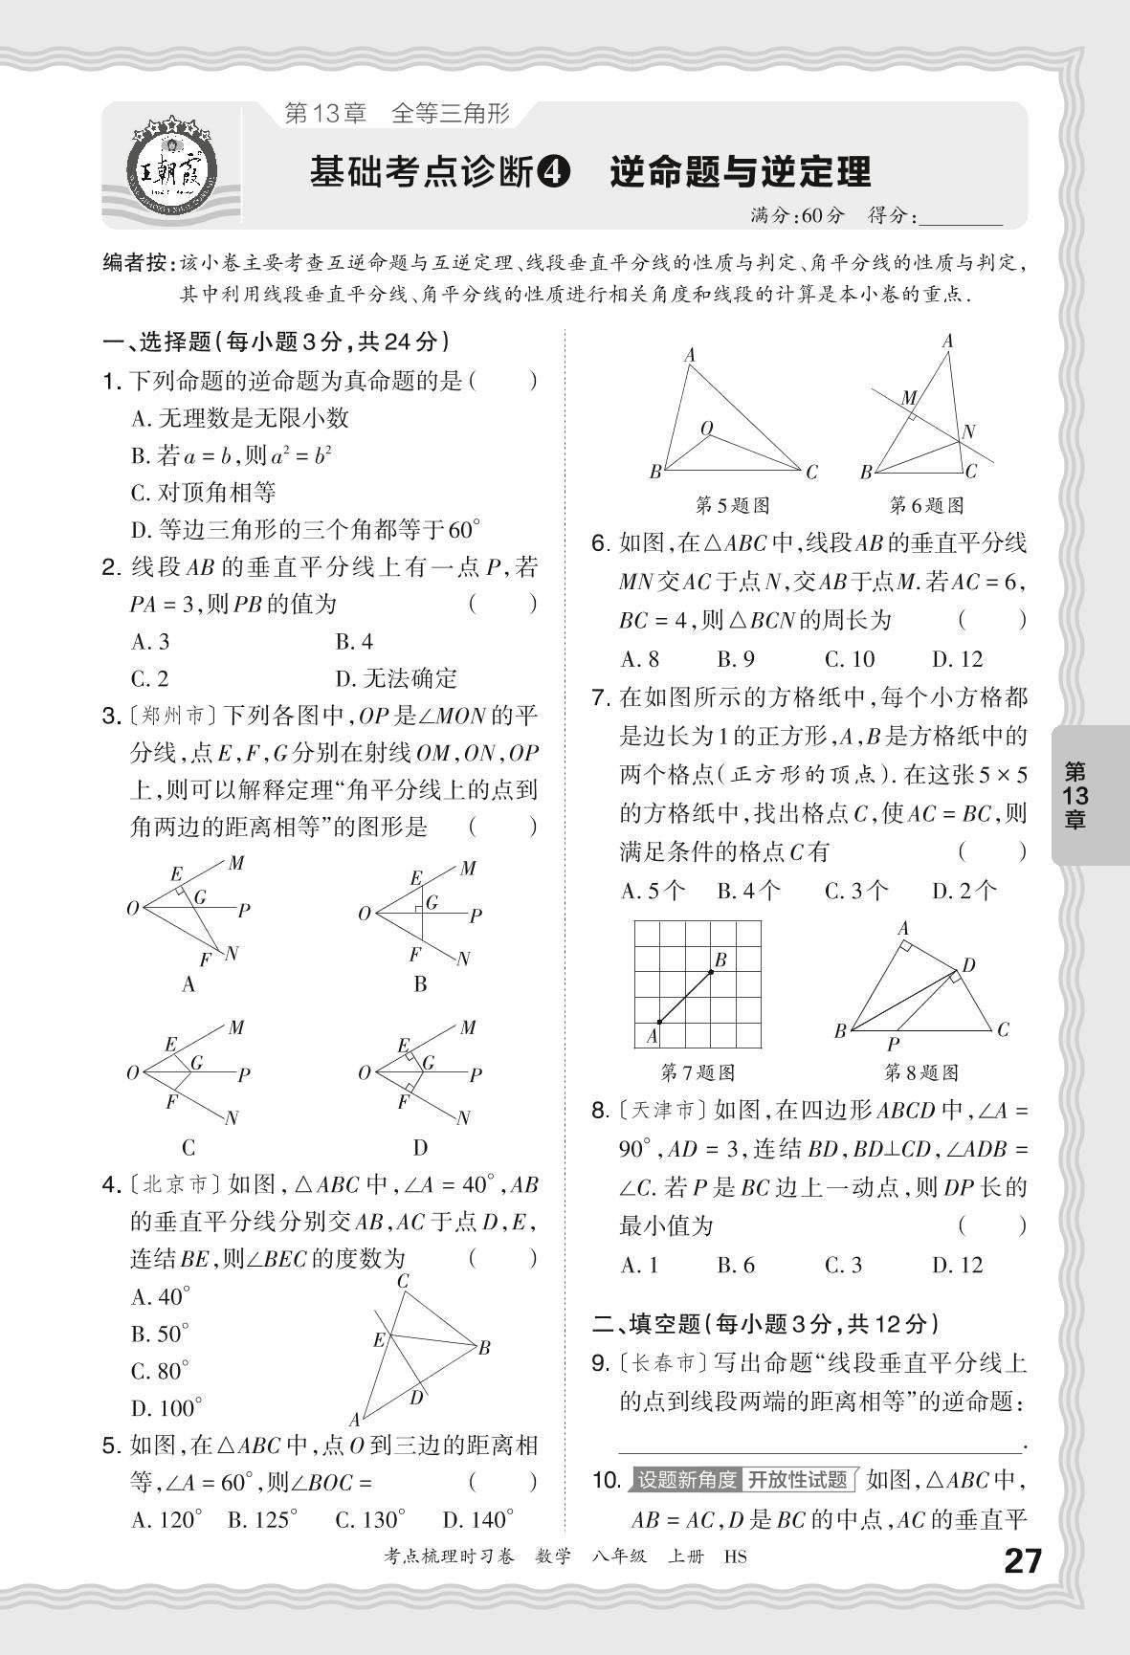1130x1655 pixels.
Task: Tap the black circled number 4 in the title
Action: tap(554, 172)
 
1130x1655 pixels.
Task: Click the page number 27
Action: tap(1021, 1562)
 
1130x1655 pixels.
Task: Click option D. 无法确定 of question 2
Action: tap(396, 679)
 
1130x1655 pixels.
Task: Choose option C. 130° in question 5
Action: tap(370, 1519)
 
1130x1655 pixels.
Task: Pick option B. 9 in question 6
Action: tap(736, 658)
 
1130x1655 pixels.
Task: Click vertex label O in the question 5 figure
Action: tap(706, 428)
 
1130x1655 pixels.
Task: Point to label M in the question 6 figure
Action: tap(909, 398)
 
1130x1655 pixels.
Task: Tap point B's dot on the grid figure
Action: tap(711, 972)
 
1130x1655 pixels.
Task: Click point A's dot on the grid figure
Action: tap(659, 1023)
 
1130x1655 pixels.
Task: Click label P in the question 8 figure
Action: tap(893, 1045)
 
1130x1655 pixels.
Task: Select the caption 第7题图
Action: tap(698, 1072)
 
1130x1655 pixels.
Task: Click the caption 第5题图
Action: tap(732, 504)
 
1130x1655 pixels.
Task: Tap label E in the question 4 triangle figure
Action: tap(379, 1340)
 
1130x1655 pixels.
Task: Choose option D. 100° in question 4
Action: tap(166, 1408)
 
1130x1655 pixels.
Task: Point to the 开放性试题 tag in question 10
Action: tap(797, 1480)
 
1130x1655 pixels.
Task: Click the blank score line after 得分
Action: tap(959, 219)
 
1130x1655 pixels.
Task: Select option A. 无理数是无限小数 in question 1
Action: tap(239, 418)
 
